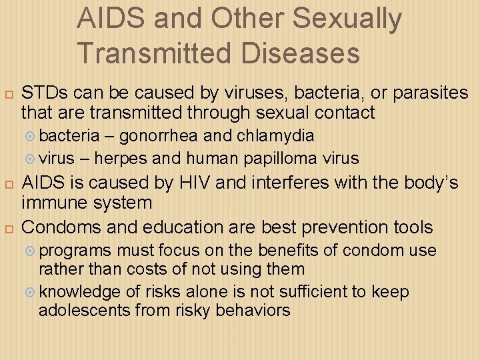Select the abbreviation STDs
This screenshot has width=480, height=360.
pyautogui.click(x=45, y=92)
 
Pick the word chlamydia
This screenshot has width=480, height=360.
pyautogui.click(x=274, y=136)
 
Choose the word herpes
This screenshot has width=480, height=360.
pyautogui.click(x=123, y=158)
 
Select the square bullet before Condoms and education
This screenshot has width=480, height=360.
pyautogui.click(x=9, y=229)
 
